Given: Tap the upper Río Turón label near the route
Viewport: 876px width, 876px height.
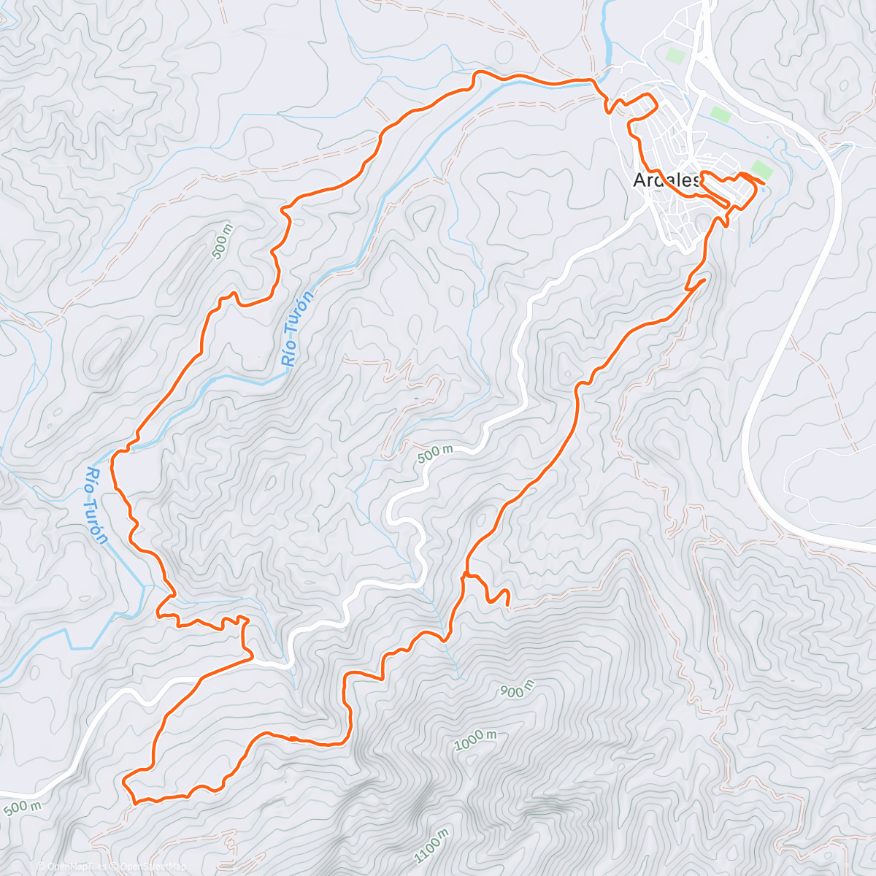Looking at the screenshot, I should tap(298, 328).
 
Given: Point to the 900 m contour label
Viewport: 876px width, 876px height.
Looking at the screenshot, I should tap(517, 688).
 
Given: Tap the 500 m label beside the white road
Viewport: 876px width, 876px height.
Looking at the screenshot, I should tap(435, 453).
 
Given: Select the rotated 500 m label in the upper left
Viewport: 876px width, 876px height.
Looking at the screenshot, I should tap(222, 242).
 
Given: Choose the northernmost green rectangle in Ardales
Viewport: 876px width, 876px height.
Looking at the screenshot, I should tap(676, 55).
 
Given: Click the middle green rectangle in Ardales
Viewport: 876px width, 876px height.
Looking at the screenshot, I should tap(721, 115).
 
